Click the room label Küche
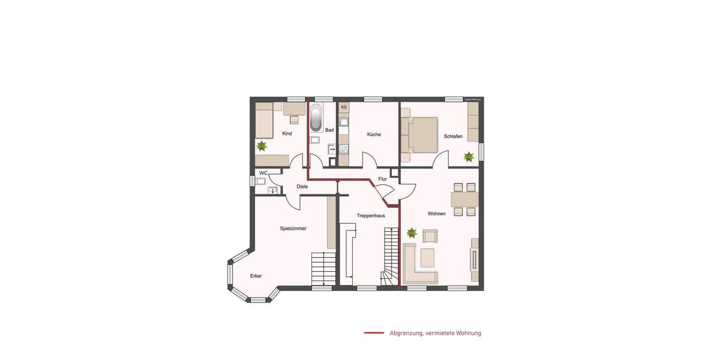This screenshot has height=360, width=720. coord(374,134)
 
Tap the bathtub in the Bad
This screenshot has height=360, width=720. coord(316,118)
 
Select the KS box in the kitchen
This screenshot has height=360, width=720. coord(344,107)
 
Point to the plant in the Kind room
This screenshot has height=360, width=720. coord(262,146)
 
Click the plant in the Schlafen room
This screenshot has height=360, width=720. coord(469,157)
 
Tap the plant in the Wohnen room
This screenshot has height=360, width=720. coord(412,232)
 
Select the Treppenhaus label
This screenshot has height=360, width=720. coord(370,215)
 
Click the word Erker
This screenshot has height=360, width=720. coord(256,276)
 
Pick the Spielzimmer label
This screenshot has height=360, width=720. coord(293,229)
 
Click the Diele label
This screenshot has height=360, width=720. coord(302,187)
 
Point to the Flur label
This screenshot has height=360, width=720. coord(382,179)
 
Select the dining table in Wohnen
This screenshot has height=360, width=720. coord(464,199)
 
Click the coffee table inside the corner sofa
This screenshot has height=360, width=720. coord(428,257)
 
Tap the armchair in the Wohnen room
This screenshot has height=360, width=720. coord(431,236)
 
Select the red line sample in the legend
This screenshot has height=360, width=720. coord(374,333)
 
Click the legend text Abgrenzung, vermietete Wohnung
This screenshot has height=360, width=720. coord(435,333)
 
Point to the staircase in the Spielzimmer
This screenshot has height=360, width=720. coord(323,268)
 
